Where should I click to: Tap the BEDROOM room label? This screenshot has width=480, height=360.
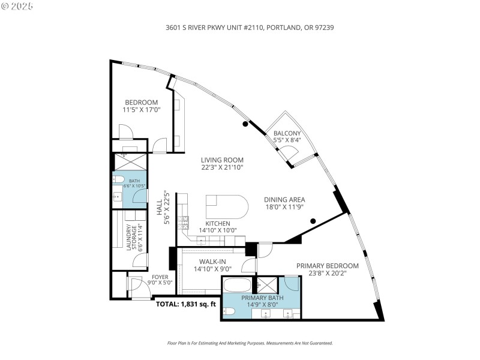pyautogui.click(x=141, y=102)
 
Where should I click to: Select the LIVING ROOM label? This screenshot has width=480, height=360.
pyautogui.click(x=222, y=160)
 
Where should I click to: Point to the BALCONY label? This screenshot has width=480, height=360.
pyautogui.click(x=287, y=133)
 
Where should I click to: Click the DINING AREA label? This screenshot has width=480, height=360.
pyautogui.click(x=284, y=200)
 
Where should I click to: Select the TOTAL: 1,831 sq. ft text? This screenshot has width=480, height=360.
pyautogui.click(x=186, y=304)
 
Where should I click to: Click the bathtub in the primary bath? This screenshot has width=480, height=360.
pyautogui.click(x=238, y=284)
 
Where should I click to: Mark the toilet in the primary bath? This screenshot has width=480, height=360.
pyautogui.click(x=230, y=312)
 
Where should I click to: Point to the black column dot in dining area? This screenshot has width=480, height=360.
pyautogui.click(x=313, y=221)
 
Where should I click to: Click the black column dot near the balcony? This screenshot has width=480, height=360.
pyautogui.click(x=245, y=124)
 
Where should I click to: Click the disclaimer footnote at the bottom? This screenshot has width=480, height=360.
pyautogui.click(x=249, y=343)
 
